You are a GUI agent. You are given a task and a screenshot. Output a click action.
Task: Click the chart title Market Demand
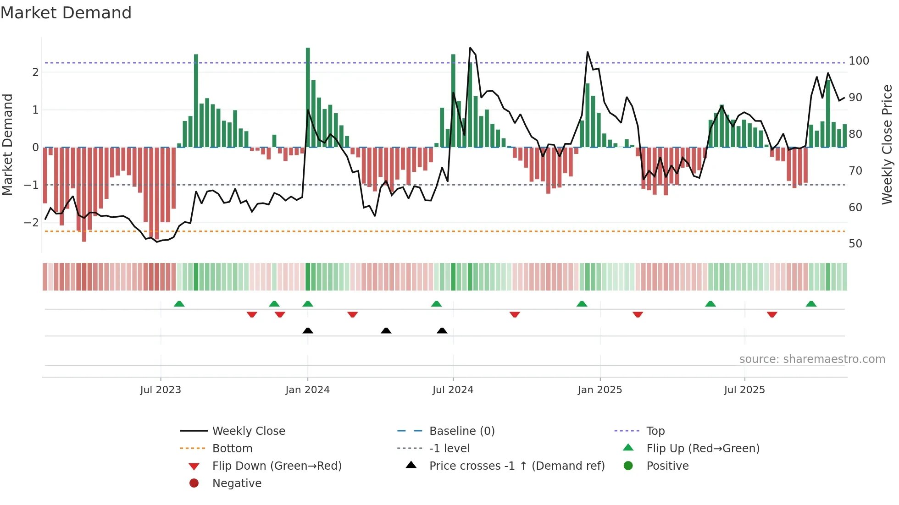(x=66, y=13)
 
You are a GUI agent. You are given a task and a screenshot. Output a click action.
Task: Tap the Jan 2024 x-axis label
(x=307, y=390)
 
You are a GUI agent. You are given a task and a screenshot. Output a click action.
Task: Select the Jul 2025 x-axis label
(x=744, y=390)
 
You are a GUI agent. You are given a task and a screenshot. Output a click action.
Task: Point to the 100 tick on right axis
(x=859, y=61)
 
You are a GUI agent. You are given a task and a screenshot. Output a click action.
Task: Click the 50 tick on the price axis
(x=855, y=244)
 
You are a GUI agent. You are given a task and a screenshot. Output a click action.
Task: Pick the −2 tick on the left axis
(x=31, y=223)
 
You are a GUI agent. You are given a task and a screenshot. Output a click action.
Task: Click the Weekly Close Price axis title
(x=887, y=144)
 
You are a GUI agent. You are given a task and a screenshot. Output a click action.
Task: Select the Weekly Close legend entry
(x=248, y=431)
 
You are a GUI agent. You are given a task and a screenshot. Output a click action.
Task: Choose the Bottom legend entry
(x=232, y=449)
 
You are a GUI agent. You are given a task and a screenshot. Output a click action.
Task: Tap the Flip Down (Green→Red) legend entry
(x=277, y=466)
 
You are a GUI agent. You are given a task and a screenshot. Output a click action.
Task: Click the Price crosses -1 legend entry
(x=516, y=466)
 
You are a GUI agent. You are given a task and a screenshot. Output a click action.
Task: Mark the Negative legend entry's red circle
(x=194, y=483)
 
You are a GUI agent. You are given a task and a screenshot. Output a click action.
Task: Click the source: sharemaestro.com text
(x=812, y=359)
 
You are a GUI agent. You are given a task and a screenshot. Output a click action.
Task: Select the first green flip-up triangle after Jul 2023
(x=179, y=304)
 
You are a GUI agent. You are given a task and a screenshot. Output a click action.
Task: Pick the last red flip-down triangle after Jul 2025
(x=772, y=315)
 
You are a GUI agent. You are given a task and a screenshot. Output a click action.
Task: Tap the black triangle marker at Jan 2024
(x=308, y=330)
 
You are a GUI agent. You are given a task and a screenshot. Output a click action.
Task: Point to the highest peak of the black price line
(x=470, y=48)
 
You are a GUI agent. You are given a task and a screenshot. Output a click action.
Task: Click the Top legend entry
(x=655, y=431)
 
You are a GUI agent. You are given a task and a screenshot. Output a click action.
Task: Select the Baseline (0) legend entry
(x=461, y=431)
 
